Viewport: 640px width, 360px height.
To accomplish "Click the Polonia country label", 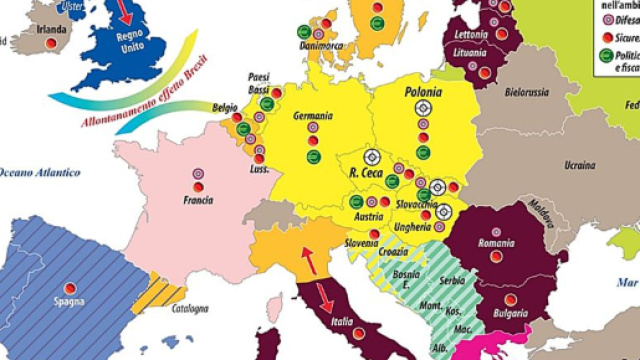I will [423, 89].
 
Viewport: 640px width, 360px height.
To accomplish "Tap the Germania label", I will [313, 115].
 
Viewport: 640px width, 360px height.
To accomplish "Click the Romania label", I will [495, 243].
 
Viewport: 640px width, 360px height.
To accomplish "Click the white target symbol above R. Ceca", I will [372, 157].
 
